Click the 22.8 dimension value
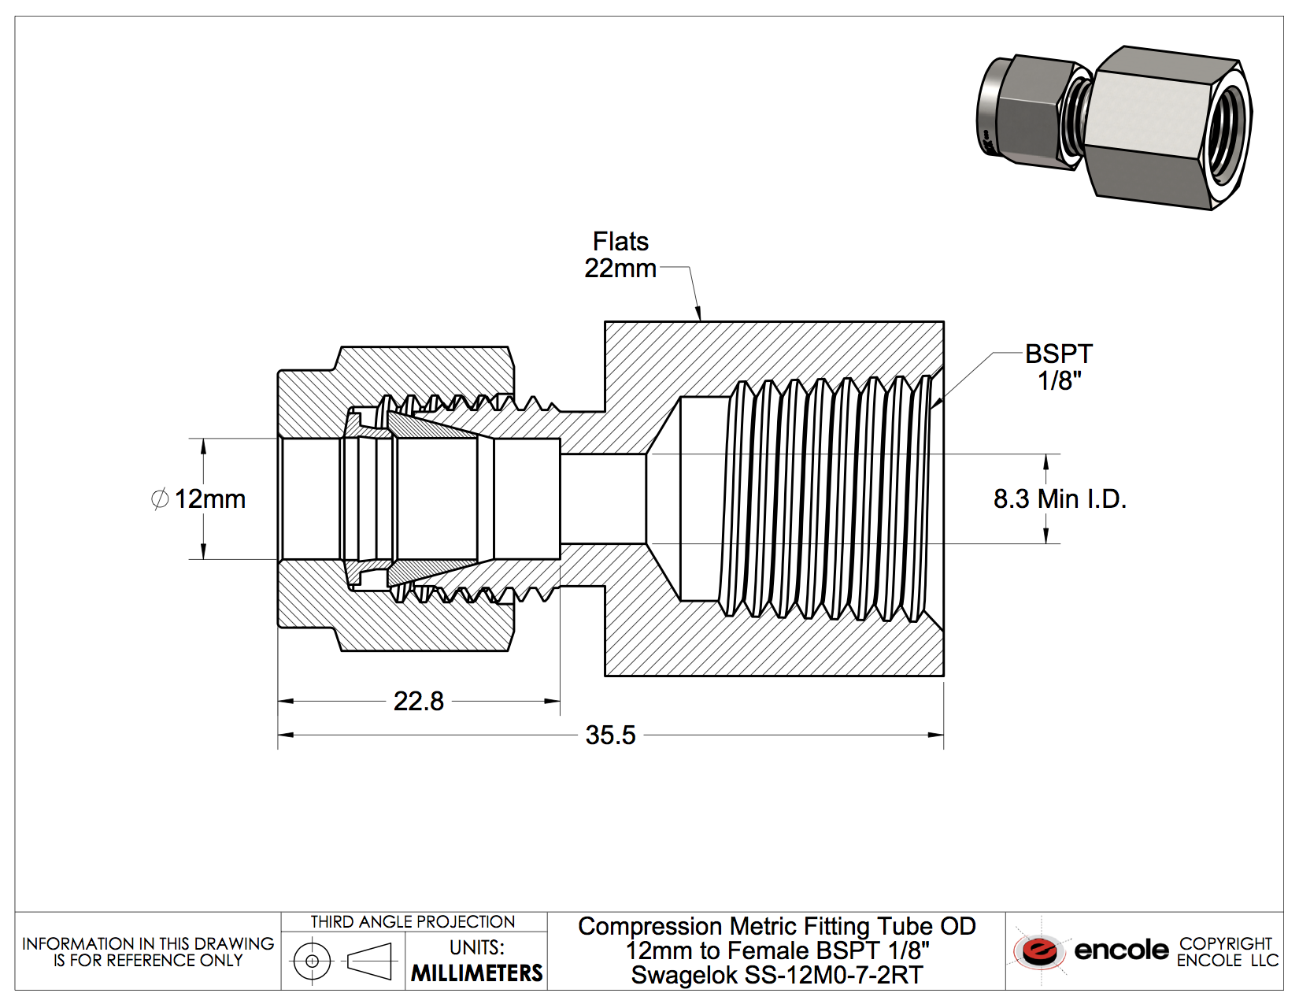tap(418, 701)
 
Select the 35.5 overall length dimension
tap(610, 735)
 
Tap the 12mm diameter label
tap(209, 499)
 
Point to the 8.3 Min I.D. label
tap(1060, 498)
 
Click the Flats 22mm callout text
tap(620, 254)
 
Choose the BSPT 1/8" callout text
tap(1059, 367)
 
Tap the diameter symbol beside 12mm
tap(160, 499)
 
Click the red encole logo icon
tap(1039, 950)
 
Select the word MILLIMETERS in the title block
tap(477, 973)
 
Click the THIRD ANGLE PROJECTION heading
tap(413, 921)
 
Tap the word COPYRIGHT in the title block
tap(1226, 943)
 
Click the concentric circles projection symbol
tap(312, 961)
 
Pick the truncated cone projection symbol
tap(369, 961)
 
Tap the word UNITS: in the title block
tap(477, 947)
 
